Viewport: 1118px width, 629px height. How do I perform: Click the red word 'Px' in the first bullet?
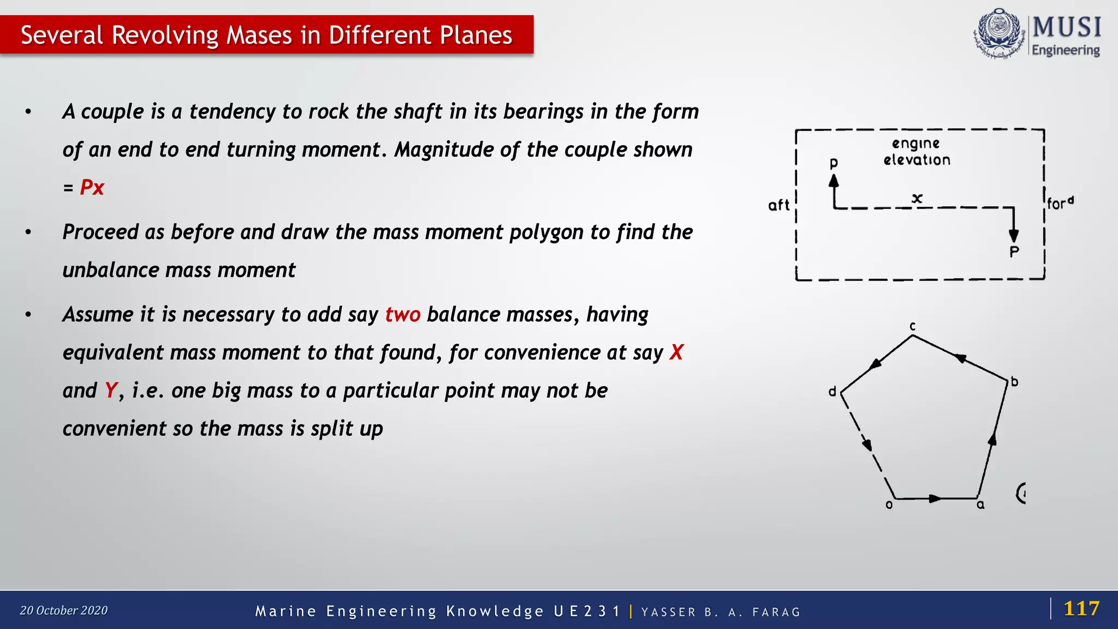[x=92, y=187]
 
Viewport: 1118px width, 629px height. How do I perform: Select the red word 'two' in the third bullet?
[x=402, y=314]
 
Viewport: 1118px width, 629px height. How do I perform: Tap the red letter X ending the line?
[x=676, y=352]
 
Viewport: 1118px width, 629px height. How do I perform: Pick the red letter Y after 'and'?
[x=111, y=390]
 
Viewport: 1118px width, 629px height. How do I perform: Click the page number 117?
[x=1081, y=608]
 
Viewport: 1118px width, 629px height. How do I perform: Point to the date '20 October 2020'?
[x=64, y=610]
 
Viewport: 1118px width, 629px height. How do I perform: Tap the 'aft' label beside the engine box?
[x=778, y=205]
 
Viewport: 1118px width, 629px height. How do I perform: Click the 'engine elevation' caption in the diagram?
[x=917, y=152]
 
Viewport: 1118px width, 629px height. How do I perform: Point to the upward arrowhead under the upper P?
[x=834, y=181]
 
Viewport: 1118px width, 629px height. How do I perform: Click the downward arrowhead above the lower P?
[x=1014, y=235]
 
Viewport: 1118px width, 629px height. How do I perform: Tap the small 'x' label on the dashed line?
[x=917, y=198]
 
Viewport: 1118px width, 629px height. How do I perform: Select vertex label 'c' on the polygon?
[x=912, y=327]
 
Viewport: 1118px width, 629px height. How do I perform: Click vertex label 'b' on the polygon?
[x=1014, y=382]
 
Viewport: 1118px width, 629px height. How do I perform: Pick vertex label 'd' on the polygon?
[x=832, y=391]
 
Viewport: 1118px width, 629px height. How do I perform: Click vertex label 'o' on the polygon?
[x=889, y=505]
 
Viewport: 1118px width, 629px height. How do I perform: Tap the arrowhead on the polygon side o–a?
[x=935, y=499]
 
